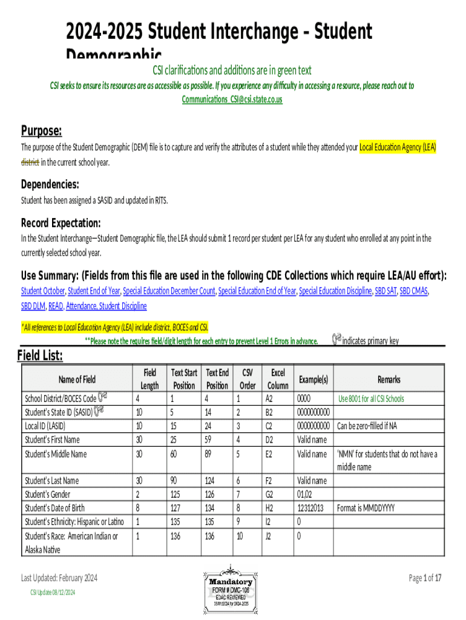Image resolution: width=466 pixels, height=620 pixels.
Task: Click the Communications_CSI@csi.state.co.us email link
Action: click(x=232, y=99)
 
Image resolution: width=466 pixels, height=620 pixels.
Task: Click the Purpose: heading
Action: click(x=42, y=131)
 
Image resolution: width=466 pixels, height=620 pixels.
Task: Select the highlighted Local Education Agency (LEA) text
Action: click(x=398, y=147)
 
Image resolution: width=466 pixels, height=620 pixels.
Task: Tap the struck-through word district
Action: click(x=30, y=162)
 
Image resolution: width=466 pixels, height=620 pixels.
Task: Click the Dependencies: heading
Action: click(x=50, y=184)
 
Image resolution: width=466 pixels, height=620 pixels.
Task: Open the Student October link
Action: click(x=43, y=291)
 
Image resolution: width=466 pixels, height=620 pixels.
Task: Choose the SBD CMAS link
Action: click(x=413, y=291)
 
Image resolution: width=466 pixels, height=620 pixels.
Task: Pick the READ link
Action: click(x=54, y=306)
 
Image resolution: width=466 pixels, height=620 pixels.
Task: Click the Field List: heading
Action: click(x=41, y=356)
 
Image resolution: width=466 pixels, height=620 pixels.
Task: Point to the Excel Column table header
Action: click(x=278, y=379)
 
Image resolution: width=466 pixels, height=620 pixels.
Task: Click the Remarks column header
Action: click(x=389, y=380)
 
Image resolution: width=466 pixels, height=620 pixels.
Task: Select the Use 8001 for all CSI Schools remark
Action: click(x=371, y=399)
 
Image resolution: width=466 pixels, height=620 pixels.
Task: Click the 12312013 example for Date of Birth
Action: click(x=311, y=509)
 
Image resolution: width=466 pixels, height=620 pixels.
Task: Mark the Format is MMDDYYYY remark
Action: click(x=366, y=509)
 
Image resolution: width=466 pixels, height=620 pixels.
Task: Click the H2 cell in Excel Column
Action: click(x=269, y=509)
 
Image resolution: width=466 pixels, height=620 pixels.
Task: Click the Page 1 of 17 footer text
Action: click(x=425, y=578)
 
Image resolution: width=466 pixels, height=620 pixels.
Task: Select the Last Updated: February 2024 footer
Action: click(x=59, y=578)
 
